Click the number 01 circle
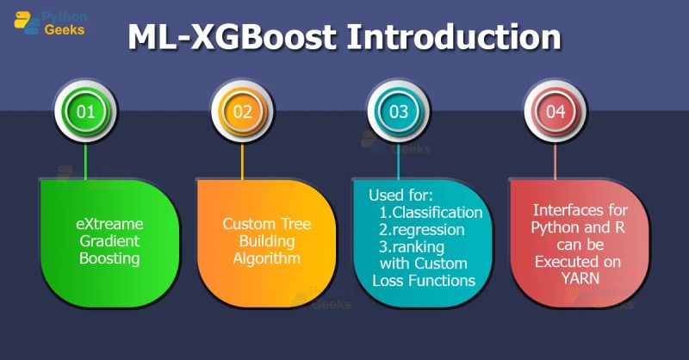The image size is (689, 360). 85,111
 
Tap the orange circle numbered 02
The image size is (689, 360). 242,111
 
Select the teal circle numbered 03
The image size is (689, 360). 399,111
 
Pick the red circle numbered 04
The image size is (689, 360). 556,111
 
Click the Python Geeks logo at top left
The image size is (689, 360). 52,21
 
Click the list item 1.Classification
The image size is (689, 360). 431,212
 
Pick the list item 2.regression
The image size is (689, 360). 421,229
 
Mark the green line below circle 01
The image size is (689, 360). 85,160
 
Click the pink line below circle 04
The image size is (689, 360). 556,160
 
